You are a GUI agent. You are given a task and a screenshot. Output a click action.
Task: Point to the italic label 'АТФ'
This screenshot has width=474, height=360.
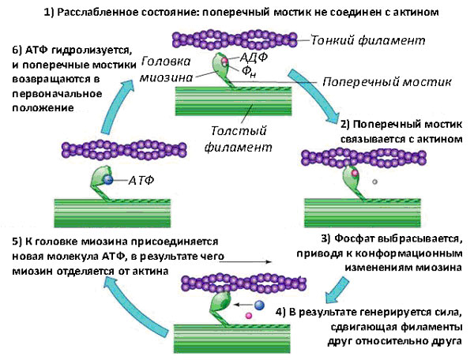pos(141,181)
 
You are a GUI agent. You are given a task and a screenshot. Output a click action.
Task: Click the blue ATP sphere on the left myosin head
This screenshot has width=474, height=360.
pos(108,181)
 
